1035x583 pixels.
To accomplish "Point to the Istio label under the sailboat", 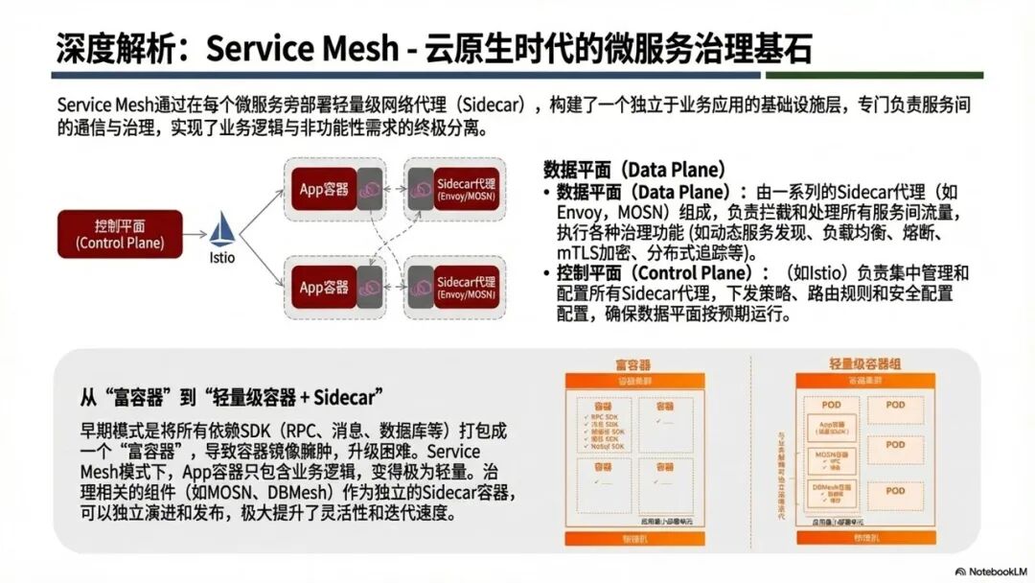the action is click(222, 257).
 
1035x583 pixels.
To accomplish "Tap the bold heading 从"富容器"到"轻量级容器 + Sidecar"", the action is click(231, 396).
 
